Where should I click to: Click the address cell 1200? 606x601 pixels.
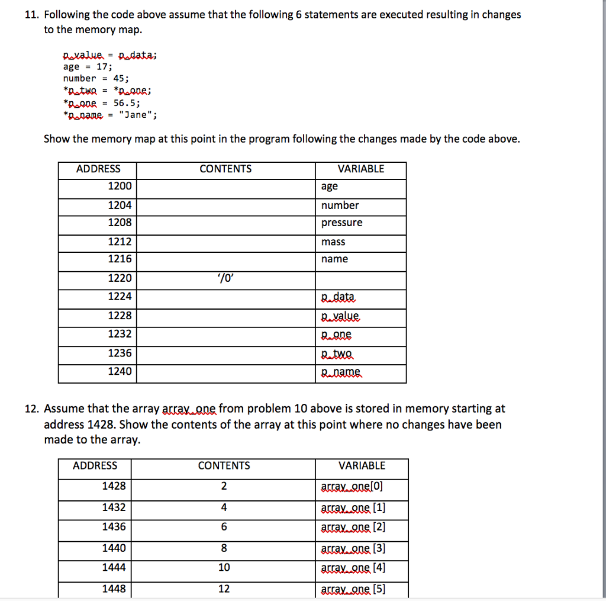[120, 187]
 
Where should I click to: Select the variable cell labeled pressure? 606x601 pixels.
[341, 223]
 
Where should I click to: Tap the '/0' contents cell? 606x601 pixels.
[225, 278]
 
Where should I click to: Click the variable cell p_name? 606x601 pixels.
[341, 372]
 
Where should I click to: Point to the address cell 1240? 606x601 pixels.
[120, 372]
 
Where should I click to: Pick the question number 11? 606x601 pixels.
[32, 15]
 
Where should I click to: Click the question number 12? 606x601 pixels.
[32, 409]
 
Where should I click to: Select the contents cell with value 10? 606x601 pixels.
[224, 568]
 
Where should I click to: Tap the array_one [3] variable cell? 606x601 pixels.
[353, 549]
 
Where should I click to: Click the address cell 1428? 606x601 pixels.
[114, 486]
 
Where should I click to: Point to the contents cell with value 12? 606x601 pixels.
[224, 589]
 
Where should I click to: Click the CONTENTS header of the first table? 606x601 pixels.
[225, 169]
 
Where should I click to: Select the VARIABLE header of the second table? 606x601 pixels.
[362, 466]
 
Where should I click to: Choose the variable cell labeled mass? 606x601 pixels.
[333, 242]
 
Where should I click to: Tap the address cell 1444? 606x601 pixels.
[114, 568]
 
